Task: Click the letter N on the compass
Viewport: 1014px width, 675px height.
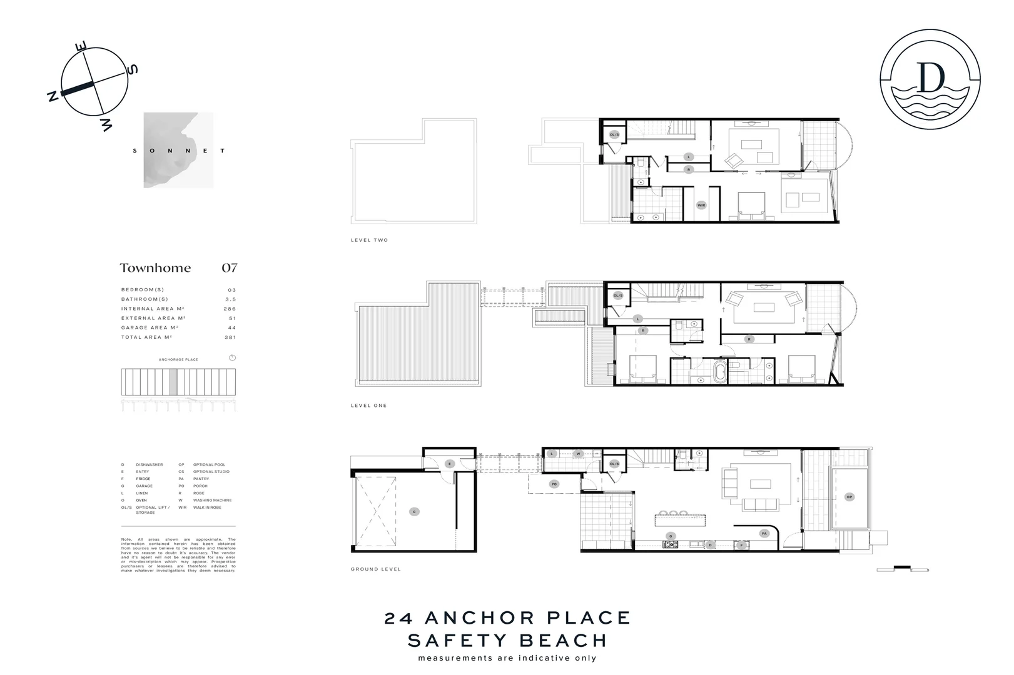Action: (53, 96)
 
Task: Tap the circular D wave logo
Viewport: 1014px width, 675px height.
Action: (930, 79)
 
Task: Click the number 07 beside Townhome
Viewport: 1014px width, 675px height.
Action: (230, 268)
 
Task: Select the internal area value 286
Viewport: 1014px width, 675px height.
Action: (230, 309)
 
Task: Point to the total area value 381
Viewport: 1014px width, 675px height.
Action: (230, 337)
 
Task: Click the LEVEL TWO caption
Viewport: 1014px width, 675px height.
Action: (369, 241)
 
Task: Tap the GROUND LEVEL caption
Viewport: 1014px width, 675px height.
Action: (375, 569)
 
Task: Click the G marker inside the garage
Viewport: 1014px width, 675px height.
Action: (413, 512)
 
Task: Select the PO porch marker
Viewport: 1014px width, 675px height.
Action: (554, 484)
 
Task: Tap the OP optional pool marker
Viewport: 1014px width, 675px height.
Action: (849, 497)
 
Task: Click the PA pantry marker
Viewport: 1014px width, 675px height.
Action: (764, 534)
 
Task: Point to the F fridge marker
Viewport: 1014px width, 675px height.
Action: (741, 545)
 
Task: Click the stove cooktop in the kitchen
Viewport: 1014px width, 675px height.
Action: (671, 545)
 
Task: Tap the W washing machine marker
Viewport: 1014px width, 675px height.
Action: (578, 454)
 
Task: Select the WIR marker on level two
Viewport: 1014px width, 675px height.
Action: (701, 205)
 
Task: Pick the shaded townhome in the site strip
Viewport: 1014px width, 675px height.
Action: (173, 381)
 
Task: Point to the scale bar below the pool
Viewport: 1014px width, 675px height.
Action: (902, 569)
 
